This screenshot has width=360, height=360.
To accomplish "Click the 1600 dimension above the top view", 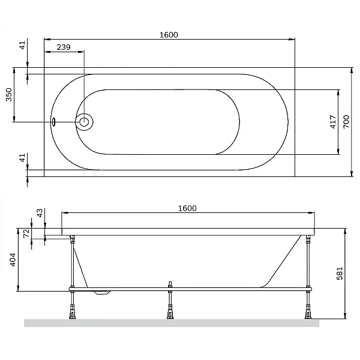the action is click(169, 35).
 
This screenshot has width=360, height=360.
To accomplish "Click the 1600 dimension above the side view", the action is click(187, 208).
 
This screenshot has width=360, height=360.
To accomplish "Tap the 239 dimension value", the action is click(64, 47).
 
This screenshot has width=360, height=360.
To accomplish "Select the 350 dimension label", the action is click(9, 95).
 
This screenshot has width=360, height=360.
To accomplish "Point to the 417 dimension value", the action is click(333, 122).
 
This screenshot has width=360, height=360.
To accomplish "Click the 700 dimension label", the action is click(346, 122).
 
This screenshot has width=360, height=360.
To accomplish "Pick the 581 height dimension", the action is click(340, 273).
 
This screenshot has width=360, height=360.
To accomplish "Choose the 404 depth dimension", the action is click(13, 260).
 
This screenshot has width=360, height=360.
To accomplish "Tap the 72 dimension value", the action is click(26, 233).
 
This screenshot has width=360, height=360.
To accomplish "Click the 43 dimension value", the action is click(40, 213).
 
